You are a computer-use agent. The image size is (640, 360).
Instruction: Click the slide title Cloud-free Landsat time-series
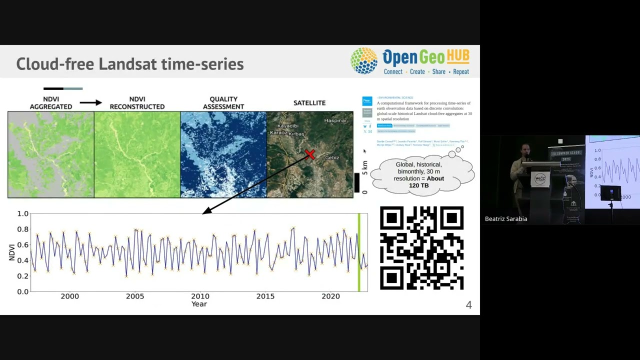(130, 64)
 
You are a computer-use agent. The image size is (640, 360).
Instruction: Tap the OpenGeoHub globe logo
(364, 61)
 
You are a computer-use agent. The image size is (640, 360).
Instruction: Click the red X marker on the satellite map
(310, 154)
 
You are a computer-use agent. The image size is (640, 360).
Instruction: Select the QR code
(421, 248)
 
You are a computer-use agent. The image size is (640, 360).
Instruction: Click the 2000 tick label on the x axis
(69, 296)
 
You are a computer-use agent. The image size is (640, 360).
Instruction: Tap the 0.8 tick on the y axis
(22, 229)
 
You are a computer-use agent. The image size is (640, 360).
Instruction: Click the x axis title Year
(199, 304)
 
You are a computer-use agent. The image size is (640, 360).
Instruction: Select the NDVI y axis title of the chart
(12, 252)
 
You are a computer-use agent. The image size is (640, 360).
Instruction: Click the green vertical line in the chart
(358, 252)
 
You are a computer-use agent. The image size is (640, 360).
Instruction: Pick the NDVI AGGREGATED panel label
(50, 103)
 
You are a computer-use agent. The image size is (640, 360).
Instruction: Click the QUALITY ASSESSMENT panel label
(223, 103)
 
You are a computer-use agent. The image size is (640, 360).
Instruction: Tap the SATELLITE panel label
(309, 103)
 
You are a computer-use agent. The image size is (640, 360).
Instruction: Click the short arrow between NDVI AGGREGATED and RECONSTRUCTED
(90, 103)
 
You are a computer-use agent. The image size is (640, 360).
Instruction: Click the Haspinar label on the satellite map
(335, 120)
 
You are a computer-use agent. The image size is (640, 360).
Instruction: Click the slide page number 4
(468, 305)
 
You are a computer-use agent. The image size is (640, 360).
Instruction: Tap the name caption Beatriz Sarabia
(506, 219)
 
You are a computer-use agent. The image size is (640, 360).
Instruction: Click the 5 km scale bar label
(364, 167)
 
